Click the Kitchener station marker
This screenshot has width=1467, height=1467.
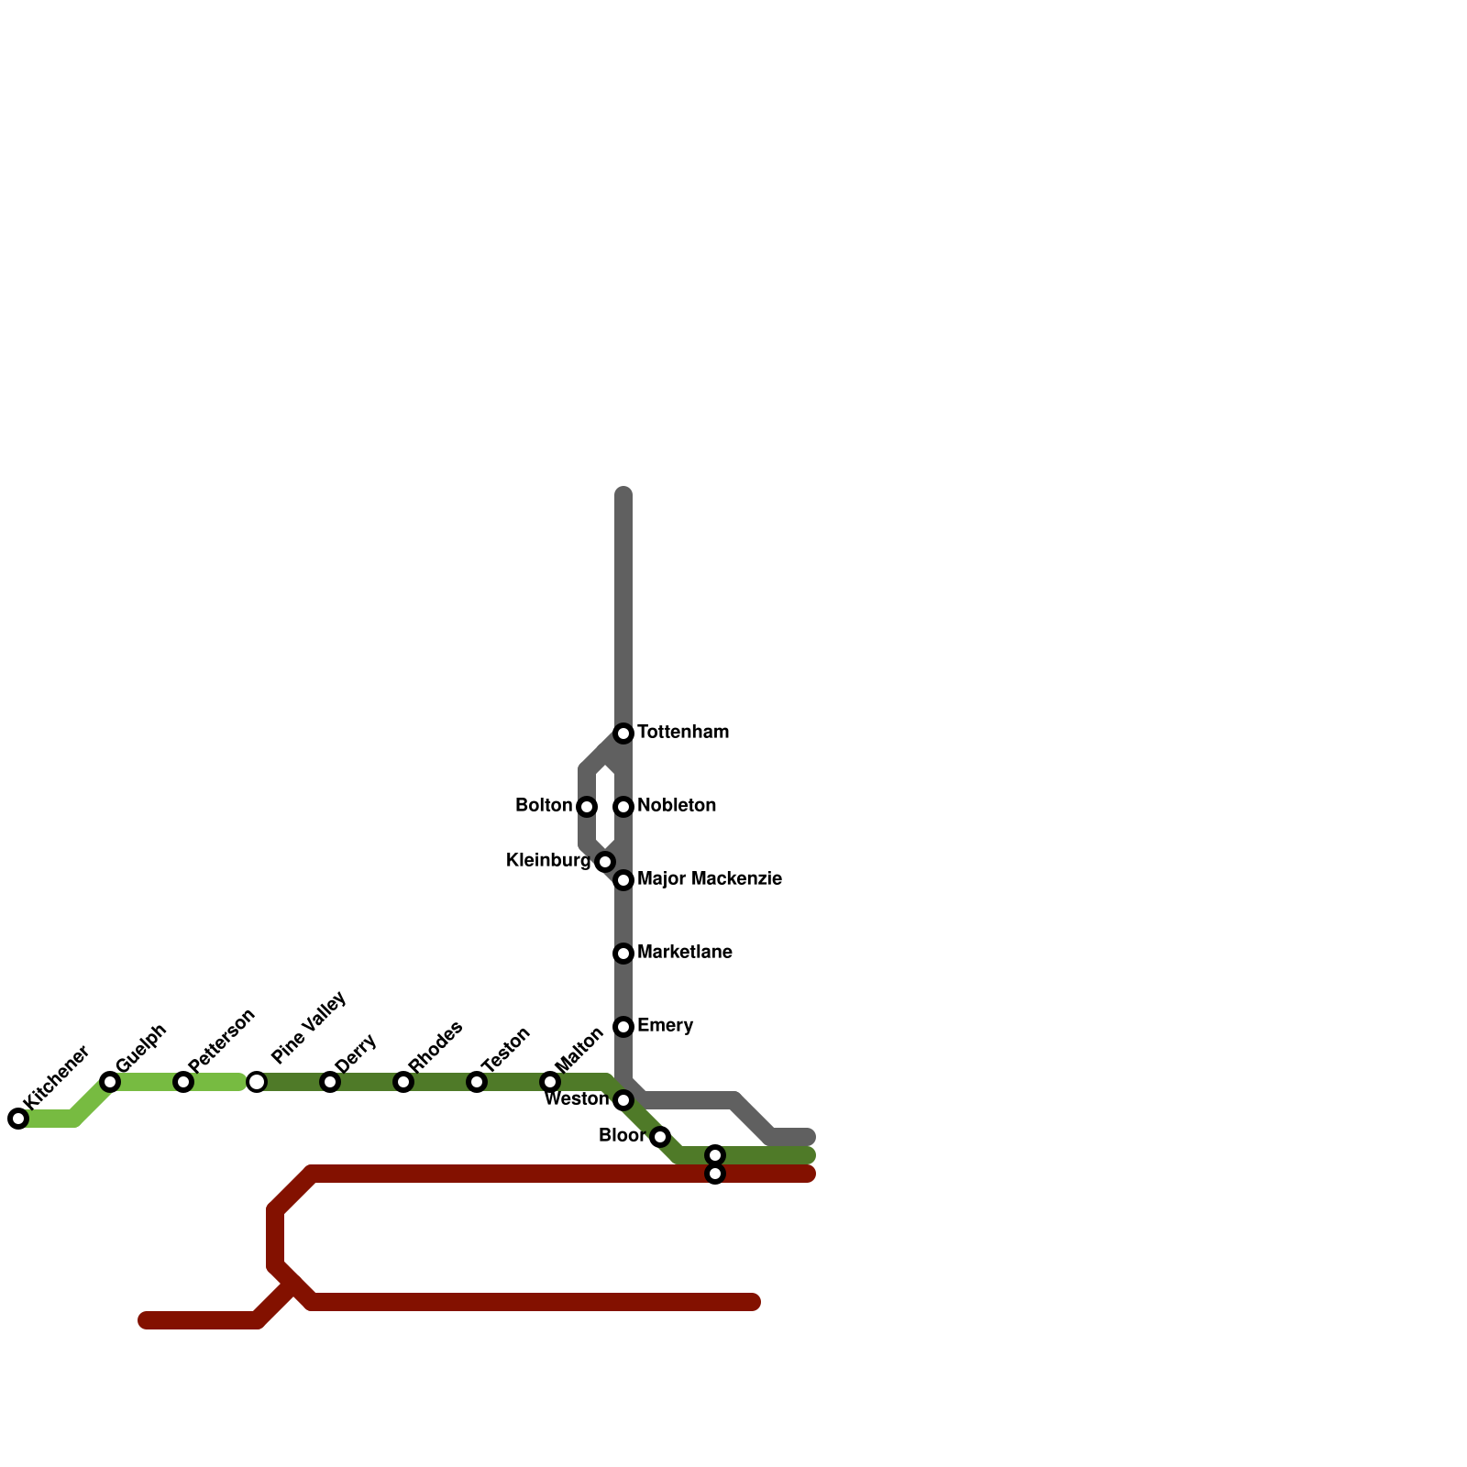point(18,1119)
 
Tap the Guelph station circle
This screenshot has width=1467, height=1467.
point(110,1082)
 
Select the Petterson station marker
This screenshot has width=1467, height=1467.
point(183,1082)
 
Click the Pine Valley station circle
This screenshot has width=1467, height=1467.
point(257,1082)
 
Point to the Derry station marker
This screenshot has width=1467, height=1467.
point(330,1082)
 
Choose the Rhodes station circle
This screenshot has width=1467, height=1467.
point(403,1082)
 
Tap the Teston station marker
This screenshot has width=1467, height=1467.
point(477,1082)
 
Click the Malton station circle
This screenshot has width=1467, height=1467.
point(550,1082)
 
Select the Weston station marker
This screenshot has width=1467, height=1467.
point(623,1100)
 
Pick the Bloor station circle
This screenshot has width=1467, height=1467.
point(660,1137)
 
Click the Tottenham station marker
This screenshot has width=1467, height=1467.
point(623,733)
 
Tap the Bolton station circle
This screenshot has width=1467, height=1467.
point(587,807)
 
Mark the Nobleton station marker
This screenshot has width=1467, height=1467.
point(623,807)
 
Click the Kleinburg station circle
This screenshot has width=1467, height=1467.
point(605,862)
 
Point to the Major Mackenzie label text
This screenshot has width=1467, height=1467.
point(709,879)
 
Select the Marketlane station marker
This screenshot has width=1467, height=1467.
point(623,954)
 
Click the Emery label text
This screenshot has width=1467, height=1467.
point(665,1025)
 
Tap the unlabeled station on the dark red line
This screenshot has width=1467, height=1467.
point(715,1174)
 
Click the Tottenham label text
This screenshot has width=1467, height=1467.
point(682,733)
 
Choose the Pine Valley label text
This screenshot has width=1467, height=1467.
point(309,1027)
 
